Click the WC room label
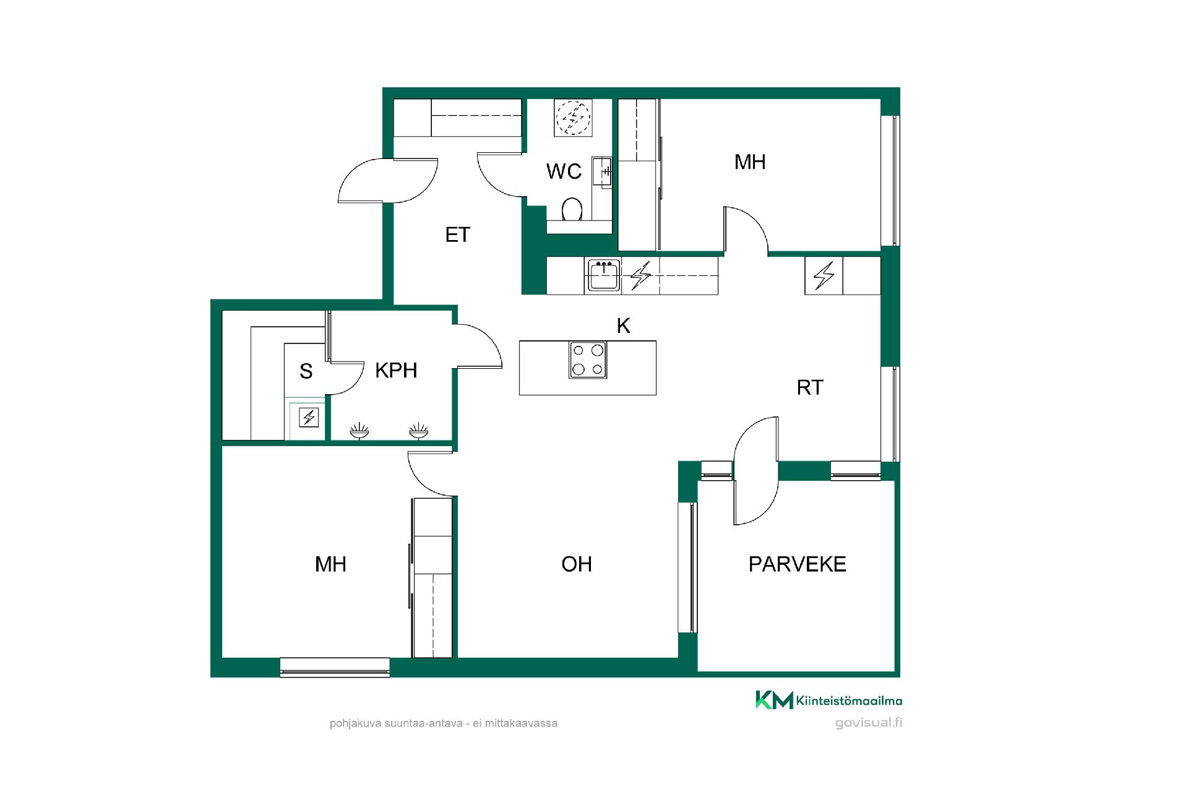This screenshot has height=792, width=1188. [x=564, y=171]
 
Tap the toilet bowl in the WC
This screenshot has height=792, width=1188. [x=572, y=210]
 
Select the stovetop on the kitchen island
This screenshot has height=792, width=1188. [x=588, y=359]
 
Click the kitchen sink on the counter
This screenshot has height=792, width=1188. [x=603, y=276]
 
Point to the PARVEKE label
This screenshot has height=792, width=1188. [x=797, y=564]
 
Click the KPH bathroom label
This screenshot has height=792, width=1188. [x=396, y=370]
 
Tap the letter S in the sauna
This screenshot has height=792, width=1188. [x=306, y=371]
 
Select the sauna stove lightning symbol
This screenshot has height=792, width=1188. [x=309, y=418]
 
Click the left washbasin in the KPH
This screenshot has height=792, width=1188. [x=359, y=431]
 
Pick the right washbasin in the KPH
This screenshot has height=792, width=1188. [x=418, y=431]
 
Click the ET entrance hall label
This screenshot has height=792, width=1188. [x=458, y=235]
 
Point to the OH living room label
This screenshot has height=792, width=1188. [x=577, y=564]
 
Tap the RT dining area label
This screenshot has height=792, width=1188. [x=810, y=387]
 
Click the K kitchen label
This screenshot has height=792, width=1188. [x=624, y=325]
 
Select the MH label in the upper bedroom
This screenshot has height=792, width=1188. [x=750, y=162]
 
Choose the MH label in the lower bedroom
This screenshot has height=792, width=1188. [x=330, y=564]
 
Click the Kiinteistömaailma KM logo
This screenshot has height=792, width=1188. [x=829, y=700]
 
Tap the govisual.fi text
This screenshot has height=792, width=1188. [x=869, y=723]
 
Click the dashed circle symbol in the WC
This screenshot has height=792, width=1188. [x=574, y=118]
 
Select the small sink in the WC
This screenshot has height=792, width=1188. [x=602, y=172]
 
